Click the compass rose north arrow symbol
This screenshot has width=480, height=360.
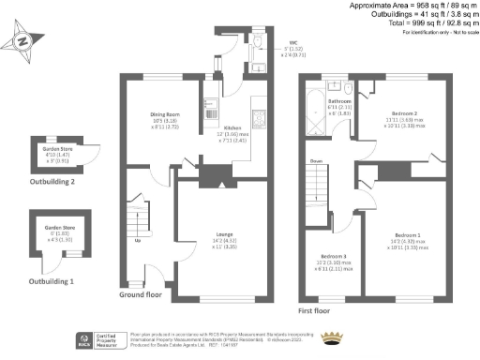pyautogui.click(x=22, y=42)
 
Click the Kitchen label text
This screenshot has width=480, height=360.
pyautogui.click(x=233, y=129)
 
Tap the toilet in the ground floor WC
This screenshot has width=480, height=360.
pyautogui.click(x=259, y=42)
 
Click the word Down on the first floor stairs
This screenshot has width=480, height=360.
pyautogui.click(x=317, y=160)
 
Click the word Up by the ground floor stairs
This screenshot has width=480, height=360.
pyautogui.click(x=140, y=240)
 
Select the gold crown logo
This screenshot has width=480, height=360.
pyautogui.click(x=333, y=337)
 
